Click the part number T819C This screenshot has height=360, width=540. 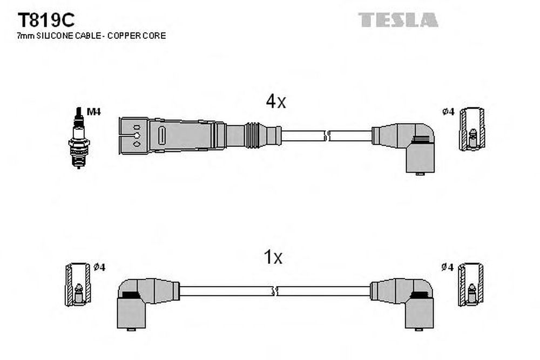click(x=46, y=20)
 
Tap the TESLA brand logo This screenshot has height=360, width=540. click(x=398, y=20)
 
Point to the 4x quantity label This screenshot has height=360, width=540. click(x=275, y=101)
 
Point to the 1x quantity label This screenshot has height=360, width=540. click(x=273, y=257)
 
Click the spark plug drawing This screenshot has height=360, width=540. click(x=79, y=138)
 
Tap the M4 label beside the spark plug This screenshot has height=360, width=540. click(x=93, y=112)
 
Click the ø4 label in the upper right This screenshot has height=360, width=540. click(x=448, y=112)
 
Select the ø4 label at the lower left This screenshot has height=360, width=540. click(x=100, y=267)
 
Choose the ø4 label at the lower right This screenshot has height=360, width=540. click(x=448, y=267)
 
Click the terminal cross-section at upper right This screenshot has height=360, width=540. click(x=472, y=129)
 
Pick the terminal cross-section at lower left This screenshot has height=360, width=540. click(x=78, y=284)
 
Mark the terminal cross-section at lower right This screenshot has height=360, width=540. click(x=471, y=284)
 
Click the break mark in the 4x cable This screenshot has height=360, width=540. click(x=327, y=135)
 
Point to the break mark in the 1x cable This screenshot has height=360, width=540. click(x=275, y=291)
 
